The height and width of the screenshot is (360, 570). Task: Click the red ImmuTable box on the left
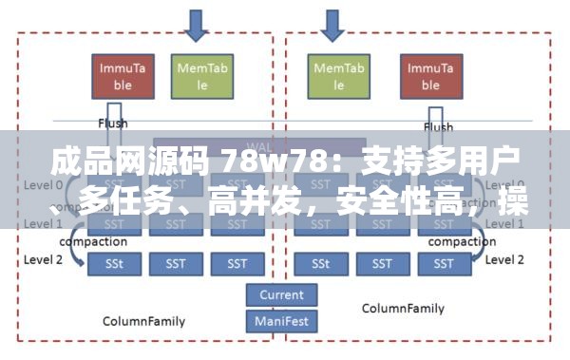coord(123,75)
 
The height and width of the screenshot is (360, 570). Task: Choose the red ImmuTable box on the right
coord(429,75)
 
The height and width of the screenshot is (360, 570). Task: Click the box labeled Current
coord(281,295)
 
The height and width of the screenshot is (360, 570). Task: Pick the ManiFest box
coord(281,320)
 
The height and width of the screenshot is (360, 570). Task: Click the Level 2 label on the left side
coord(43,259)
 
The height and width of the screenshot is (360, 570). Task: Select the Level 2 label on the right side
coord(504,258)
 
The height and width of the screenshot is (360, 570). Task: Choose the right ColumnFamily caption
coord(404,309)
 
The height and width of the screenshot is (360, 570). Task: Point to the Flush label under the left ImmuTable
coord(113,123)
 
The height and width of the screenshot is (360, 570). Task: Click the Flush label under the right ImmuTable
coord(438,126)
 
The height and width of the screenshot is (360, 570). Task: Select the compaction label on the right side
coord(462,241)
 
